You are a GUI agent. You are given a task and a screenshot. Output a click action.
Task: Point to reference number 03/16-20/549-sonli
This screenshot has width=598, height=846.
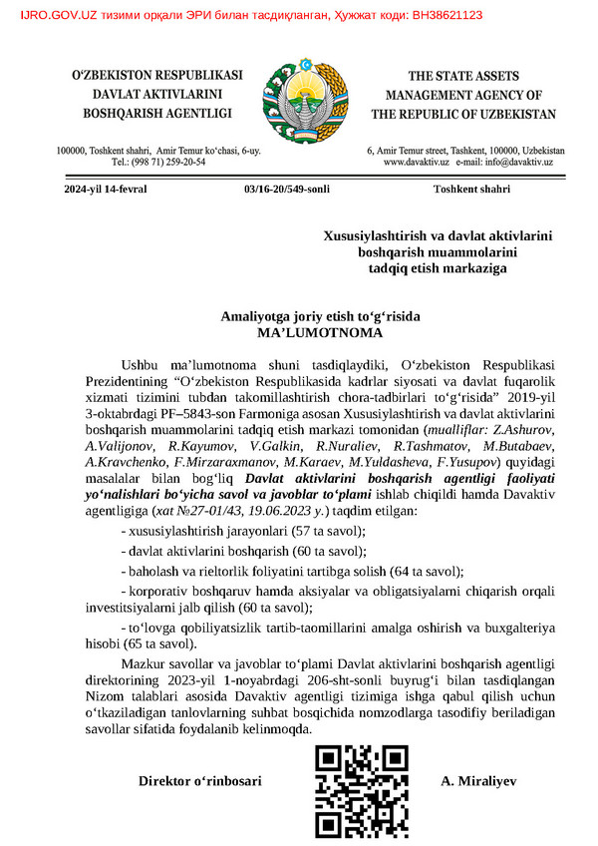[286, 189]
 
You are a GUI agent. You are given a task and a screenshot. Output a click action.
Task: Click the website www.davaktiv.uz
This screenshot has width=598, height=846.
[416, 162]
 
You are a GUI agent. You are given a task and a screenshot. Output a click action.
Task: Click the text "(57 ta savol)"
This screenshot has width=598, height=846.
[331, 530]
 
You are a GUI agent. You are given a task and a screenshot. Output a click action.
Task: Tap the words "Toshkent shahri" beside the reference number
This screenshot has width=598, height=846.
[469, 189]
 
